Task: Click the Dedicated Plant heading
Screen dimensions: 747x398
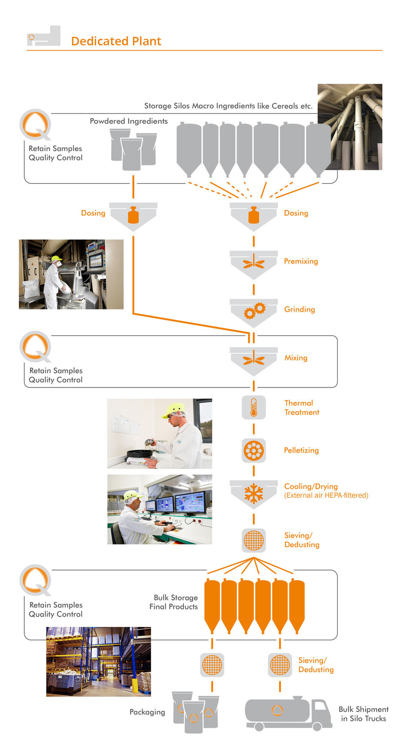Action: click(x=116, y=41)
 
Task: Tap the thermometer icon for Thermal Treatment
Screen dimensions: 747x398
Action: click(x=254, y=407)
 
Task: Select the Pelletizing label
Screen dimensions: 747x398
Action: click(x=301, y=450)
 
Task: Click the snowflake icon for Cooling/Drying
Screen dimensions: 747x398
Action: click(x=254, y=494)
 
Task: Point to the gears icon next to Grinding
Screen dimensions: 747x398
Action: click(x=254, y=310)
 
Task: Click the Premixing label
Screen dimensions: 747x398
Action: click(x=301, y=261)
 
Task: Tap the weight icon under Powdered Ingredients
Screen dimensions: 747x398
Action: click(x=133, y=215)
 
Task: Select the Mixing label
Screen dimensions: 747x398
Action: click(x=295, y=358)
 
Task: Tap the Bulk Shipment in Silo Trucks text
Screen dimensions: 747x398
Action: click(x=363, y=714)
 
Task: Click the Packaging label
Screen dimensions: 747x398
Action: click(x=147, y=712)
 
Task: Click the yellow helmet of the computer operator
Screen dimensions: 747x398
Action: click(x=133, y=495)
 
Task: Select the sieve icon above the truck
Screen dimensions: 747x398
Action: click(x=280, y=665)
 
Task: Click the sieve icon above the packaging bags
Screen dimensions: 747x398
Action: click(x=212, y=665)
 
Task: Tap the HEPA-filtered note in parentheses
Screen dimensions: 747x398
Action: click(x=326, y=496)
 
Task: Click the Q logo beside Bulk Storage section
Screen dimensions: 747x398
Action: click(x=36, y=580)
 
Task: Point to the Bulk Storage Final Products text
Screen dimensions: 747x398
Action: click(x=174, y=602)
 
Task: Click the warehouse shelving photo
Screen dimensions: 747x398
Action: click(x=98, y=661)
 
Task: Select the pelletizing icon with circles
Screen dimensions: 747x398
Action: click(x=254, y=450)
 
